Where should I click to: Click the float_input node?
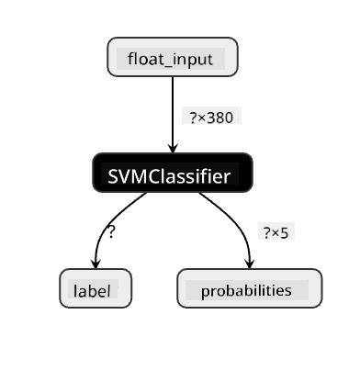coord(173,57)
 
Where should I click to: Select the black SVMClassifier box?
coord(173,173)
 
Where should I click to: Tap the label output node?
coord(96,288)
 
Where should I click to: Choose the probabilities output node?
coord(250,288)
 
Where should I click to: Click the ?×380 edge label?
coord(211,118)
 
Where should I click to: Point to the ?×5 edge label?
coord(276,233)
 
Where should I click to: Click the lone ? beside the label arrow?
coord(111,231)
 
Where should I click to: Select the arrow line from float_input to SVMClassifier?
coord(173,115)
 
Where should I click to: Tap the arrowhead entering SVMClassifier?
coord(173,148)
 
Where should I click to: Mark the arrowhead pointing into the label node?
coord(96,264)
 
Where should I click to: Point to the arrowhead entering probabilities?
coord(250,264)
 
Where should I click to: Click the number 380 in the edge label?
coord(220,118)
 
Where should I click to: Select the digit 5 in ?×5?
coord(284,233)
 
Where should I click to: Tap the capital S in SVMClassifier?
coord(113,176)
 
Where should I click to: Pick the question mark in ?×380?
coord(193,118)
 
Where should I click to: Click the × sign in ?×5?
coord(275,234)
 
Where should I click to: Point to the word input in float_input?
coord(192,60)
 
